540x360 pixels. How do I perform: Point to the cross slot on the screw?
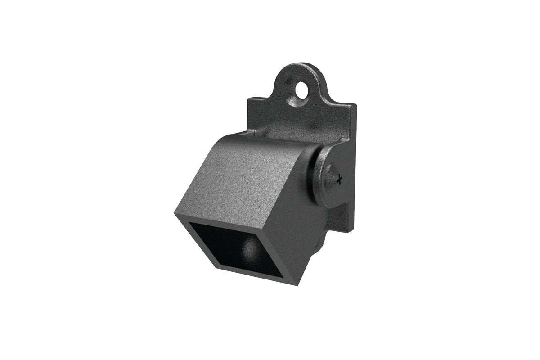point(339,179)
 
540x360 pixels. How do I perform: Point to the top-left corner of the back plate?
point(248,97)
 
